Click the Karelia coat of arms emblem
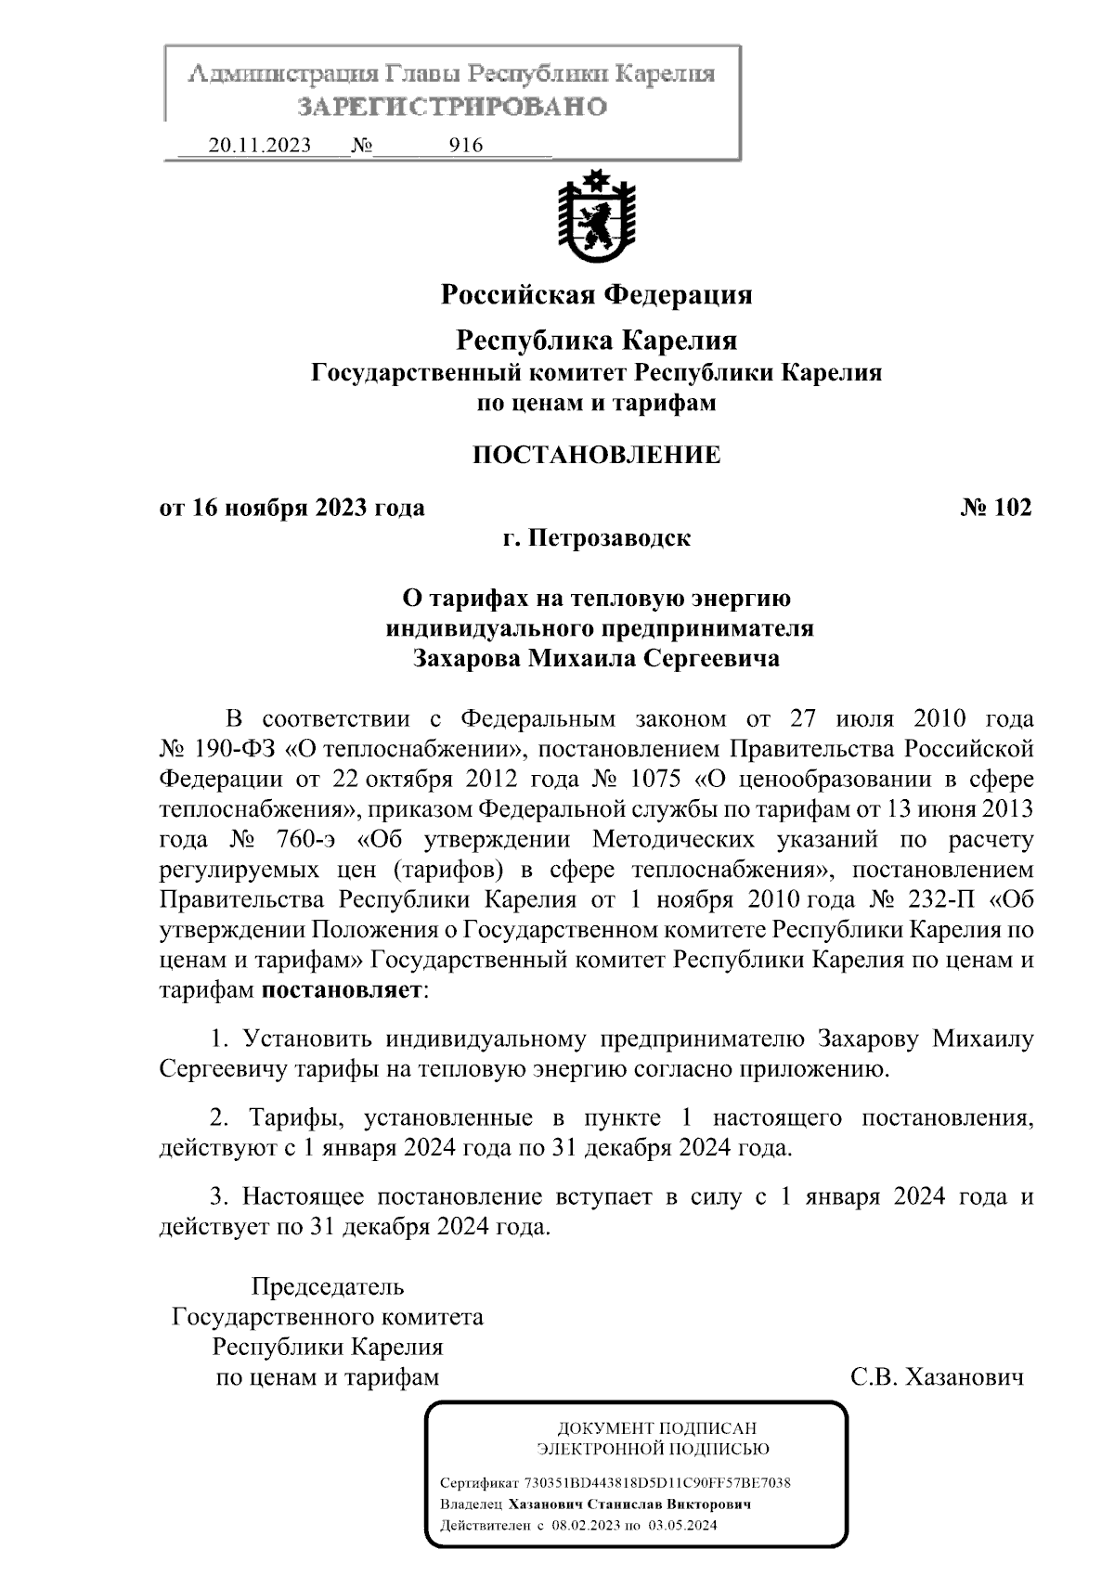(596, 220)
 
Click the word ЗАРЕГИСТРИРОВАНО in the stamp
(452, 107)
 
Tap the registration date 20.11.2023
(259, 146)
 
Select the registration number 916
(465, 146)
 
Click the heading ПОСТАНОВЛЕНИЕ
(596, 455)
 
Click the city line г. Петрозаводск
(596, 538)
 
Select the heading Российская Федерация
(596, 295)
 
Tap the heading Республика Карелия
(596, 341)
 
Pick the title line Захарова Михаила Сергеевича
(596, 659)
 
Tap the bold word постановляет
(342, 989)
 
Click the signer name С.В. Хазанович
(937, 1376)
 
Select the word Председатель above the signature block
(328, 1287)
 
